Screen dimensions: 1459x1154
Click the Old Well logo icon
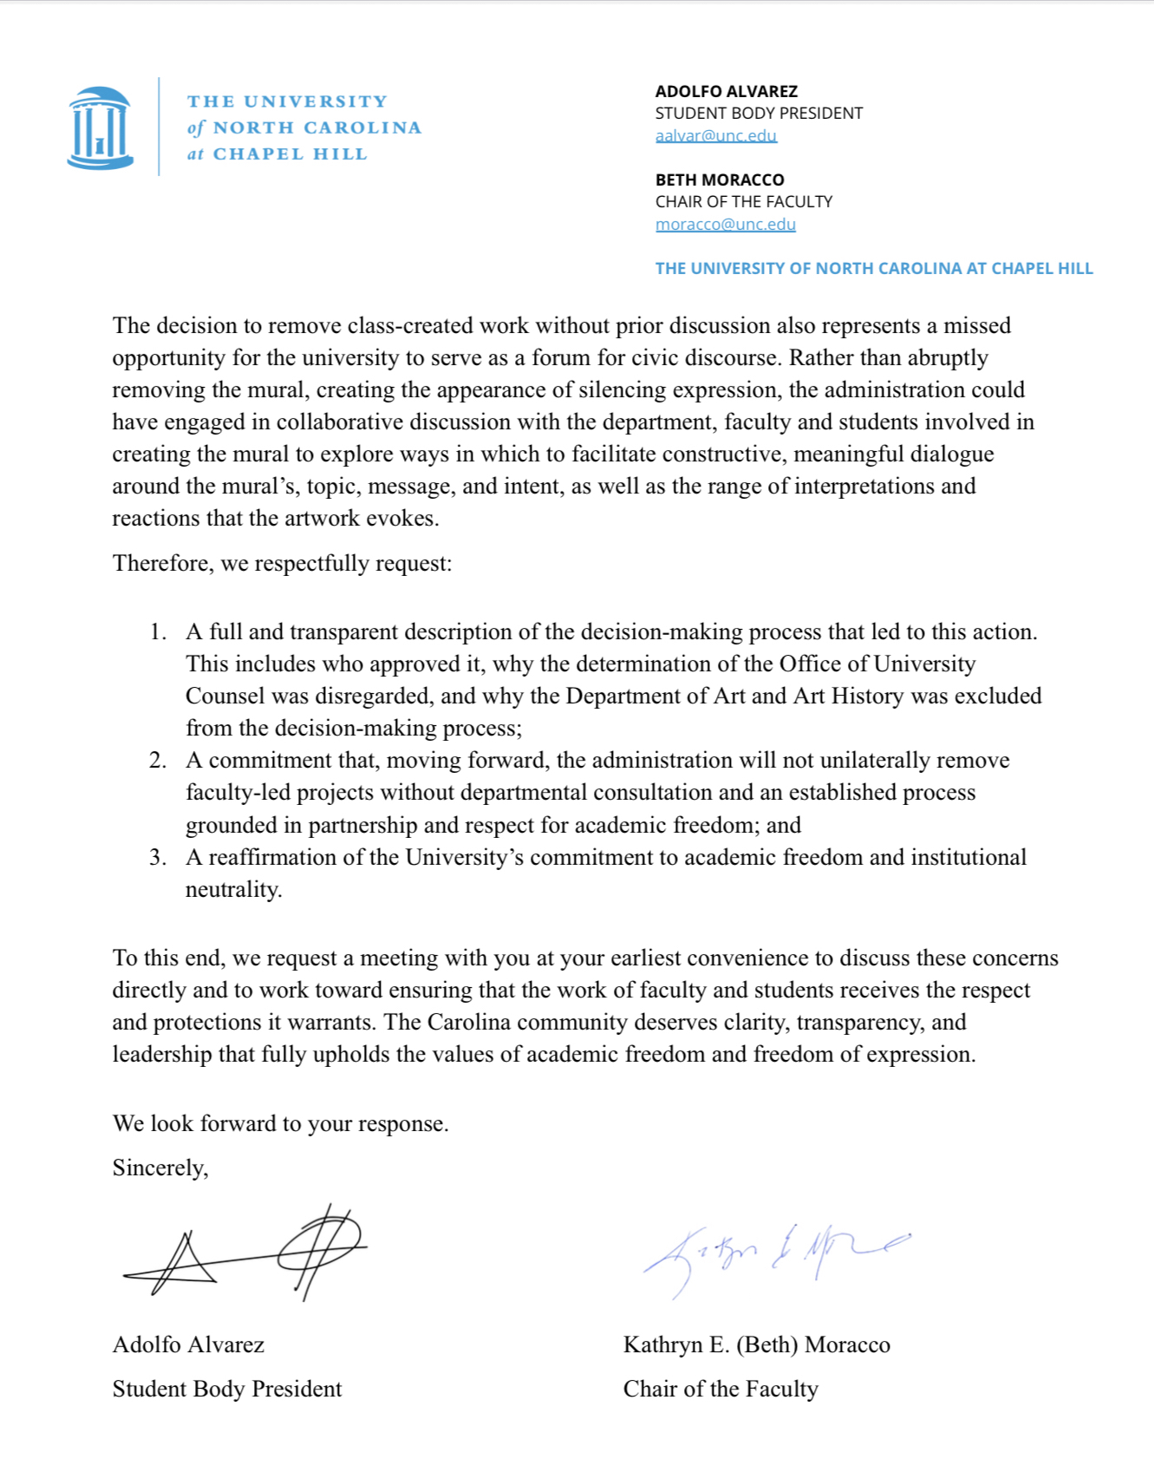101,128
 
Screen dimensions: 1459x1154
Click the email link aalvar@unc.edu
716,135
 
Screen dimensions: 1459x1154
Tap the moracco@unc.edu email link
726,224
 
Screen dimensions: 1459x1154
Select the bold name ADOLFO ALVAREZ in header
727,91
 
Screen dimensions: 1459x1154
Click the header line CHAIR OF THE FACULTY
744,201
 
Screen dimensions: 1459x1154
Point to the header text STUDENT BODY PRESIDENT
759,113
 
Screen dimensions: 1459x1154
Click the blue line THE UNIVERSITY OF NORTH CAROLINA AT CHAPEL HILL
874,268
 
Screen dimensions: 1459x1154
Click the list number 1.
157,631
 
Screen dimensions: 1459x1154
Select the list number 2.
157,760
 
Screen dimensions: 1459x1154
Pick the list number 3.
157,857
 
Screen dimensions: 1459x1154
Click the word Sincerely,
160,1168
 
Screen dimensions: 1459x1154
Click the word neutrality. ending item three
233,889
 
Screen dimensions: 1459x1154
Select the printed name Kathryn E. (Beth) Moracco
756,1345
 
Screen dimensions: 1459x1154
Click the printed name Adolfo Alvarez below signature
188,1345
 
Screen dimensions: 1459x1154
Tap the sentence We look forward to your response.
280,1123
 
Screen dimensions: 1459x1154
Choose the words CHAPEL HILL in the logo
290,154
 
